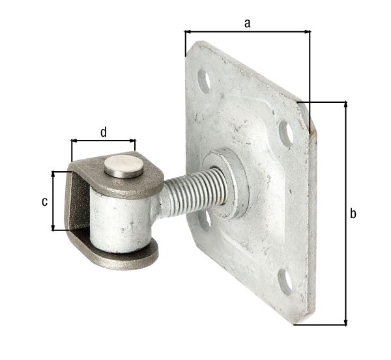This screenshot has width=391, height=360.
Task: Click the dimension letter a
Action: [x=247, y=23]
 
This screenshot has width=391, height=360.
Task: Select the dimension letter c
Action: [x=44, y=201]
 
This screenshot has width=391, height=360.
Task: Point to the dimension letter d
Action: [x=104, y=132]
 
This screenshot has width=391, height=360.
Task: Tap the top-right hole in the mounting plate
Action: [x=286, y=132]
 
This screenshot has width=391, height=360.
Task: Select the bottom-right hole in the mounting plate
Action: [x=285, y=281]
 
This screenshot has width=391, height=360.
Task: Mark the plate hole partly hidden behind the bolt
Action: [x=205, y=220]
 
